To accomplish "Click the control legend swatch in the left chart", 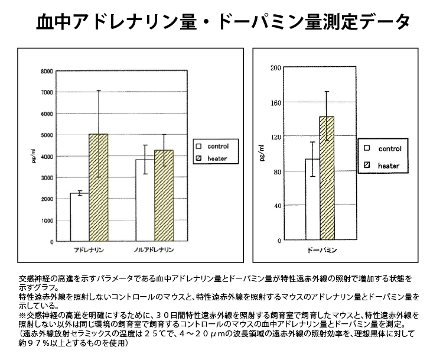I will point(200,146).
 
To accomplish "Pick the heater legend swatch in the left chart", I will point(200,158).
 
